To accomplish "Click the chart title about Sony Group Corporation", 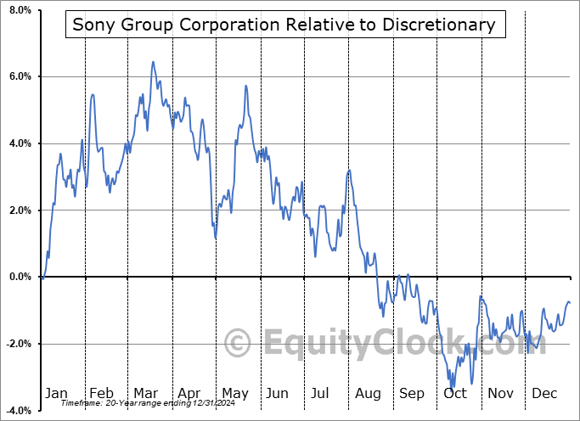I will (284, 25).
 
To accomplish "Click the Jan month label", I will (55, 393).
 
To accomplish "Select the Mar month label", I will (145, 393).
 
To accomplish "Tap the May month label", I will (234, 393).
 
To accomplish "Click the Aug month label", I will (368, 393).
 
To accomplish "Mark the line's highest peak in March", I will (152, 62).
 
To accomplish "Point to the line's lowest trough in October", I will (453, 387).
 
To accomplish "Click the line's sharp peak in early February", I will (92, 94).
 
